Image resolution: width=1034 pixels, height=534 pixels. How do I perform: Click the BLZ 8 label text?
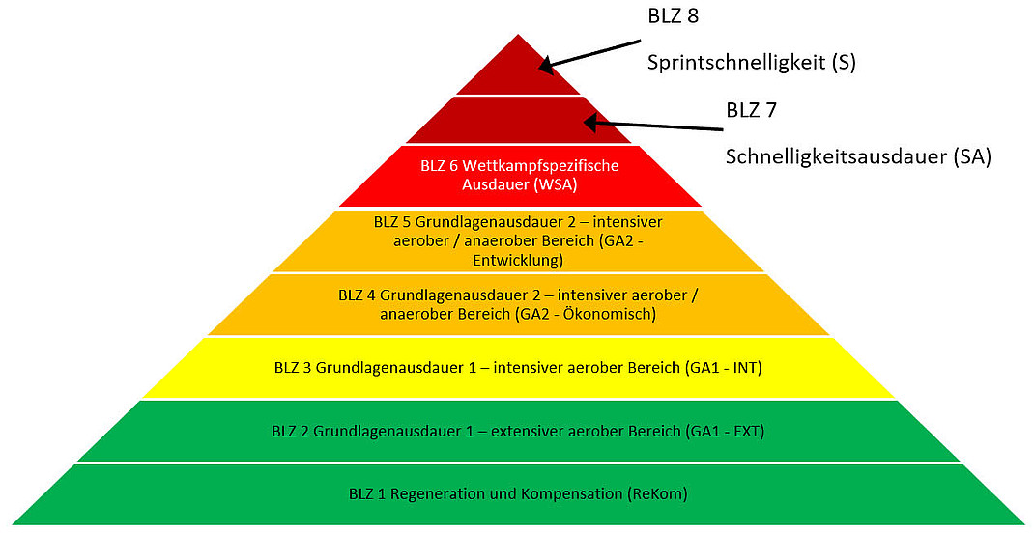pos(674,16)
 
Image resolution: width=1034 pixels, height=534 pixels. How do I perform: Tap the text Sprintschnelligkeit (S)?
pos(751,63)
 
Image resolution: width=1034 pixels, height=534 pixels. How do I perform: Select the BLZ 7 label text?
pos(752,110)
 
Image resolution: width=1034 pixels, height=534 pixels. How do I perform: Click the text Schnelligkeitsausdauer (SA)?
pos(858,156)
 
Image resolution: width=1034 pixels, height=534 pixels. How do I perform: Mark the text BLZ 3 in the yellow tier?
pos(293,368)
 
